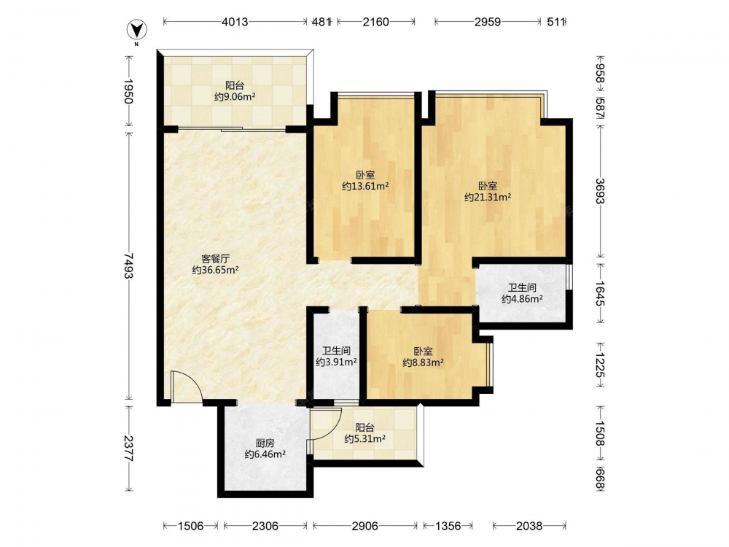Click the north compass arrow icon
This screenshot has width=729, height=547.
[x=137, y=31]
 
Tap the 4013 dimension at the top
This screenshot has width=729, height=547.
[x=235, y=22]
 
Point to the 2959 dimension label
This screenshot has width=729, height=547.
[x=488, y=22]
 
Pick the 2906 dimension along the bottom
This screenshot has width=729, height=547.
[x=365, y=526]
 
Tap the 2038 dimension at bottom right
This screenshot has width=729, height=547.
[x=529, y=526]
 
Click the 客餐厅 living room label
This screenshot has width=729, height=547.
[x=215, y=259]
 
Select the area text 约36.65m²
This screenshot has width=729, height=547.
[x=215, y=270]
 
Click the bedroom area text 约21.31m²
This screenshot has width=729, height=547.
[x=488, y=197]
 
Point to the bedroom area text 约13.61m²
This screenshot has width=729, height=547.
[x=365, y=186]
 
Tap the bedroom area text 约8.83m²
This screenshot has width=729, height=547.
[x=423, y=362]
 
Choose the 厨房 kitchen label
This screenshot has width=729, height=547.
[x=265, y=443]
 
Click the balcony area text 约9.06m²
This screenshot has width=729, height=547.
[x=235, y=97]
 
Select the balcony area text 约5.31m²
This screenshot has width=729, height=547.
[x=365, y=438]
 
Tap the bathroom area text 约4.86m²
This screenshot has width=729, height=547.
[x=522, y=299]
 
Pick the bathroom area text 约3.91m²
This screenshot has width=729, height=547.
[x=336, y=362]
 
